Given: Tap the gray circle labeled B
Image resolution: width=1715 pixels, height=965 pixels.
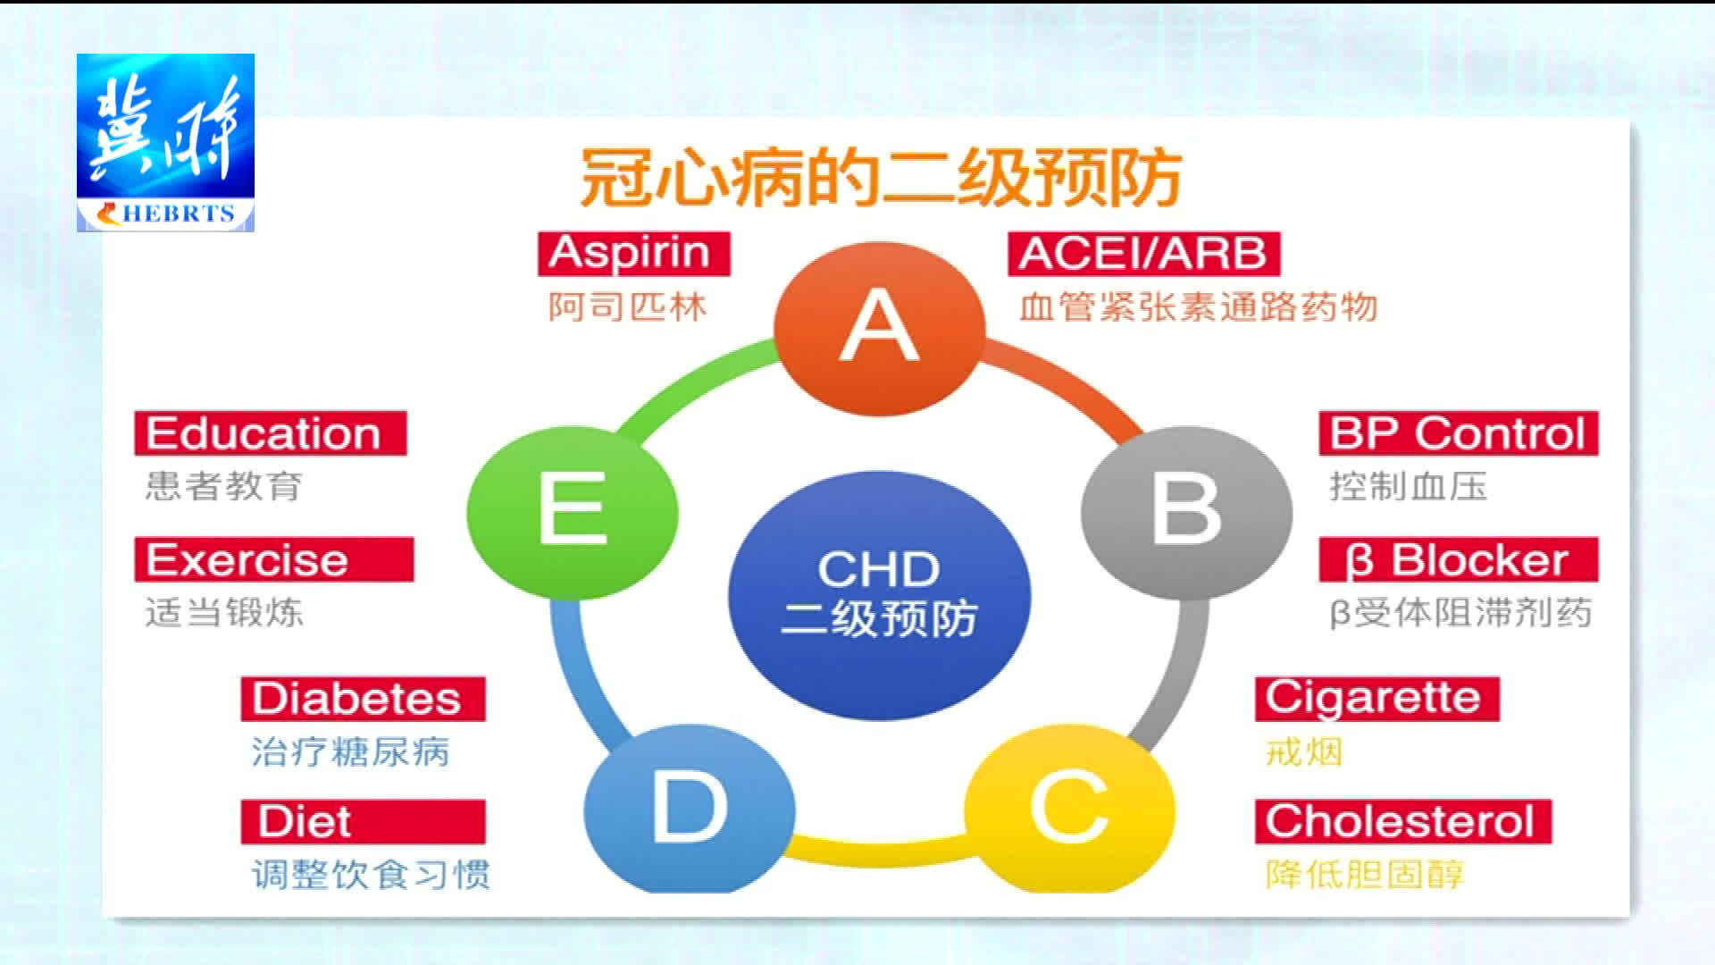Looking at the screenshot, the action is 1187,511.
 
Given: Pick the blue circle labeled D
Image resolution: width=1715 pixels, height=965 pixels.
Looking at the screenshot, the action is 690,810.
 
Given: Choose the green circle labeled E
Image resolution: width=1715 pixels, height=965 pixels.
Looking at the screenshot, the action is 573,512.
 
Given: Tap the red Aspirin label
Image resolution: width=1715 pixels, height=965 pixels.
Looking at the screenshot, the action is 633,254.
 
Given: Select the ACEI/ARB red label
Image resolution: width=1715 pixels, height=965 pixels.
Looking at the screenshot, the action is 1144,254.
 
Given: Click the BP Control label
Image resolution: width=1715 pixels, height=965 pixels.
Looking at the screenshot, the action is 1459,433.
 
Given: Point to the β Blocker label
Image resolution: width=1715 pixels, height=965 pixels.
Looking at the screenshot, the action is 1459,560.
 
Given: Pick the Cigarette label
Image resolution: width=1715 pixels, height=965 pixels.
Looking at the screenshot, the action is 1376,699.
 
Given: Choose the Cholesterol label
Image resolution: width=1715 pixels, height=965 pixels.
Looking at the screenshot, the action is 1403,821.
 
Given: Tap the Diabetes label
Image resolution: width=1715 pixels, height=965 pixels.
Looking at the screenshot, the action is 363,699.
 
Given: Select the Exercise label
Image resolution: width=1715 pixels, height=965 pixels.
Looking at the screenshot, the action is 274,560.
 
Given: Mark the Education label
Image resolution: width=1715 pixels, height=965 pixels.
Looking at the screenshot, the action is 271,433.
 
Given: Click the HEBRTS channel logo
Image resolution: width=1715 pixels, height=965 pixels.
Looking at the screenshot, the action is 165,143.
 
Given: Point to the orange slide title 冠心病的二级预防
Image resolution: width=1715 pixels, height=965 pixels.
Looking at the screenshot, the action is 882,178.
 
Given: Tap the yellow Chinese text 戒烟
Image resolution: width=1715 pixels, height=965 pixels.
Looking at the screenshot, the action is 1304,752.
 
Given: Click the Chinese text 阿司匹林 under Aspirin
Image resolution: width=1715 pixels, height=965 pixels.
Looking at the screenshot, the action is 628,307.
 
